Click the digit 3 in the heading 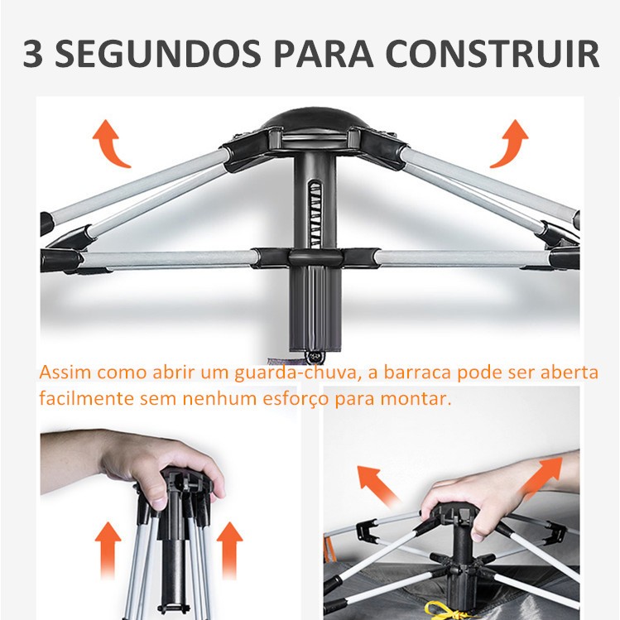(x=33, y=53)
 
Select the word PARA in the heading (x=324, y=53)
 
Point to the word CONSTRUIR (x=493, y=53)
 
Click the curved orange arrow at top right (x=511, y=143)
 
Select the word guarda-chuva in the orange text (x=296, y=372)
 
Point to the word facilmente (x=87, y=399)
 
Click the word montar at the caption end (x=416, y=399)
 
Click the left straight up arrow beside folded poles (x=108, y=550)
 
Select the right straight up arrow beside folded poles (x=229, y=550)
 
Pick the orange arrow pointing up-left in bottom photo (x=377, y=486)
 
